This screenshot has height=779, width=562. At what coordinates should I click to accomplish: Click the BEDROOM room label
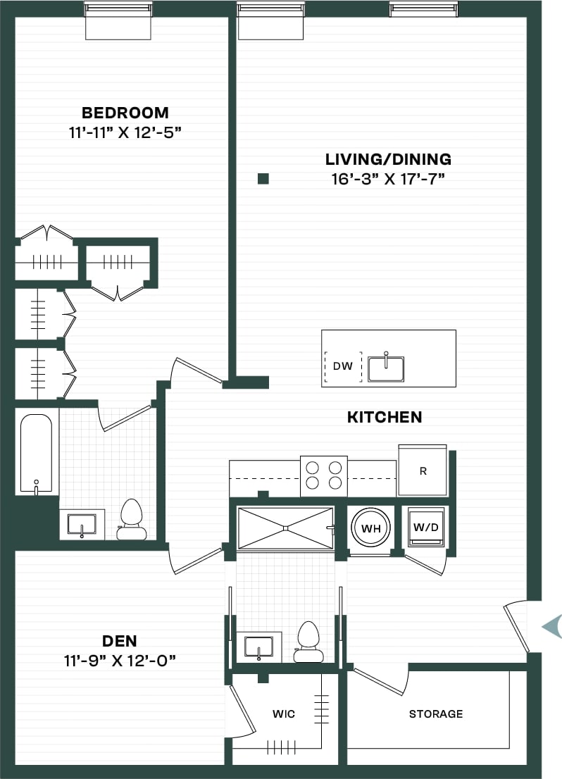pos(125,113)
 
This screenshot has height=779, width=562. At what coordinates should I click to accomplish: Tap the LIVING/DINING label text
pos(388,159)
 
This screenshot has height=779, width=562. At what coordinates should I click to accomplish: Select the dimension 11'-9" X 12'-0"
pos(119,660)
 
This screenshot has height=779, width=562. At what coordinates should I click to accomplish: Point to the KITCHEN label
pos(385,417)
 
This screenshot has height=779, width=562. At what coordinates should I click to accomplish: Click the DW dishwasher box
pos(342,366)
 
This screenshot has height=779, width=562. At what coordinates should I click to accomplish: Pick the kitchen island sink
pos(386,368)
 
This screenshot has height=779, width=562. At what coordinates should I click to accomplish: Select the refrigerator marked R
pos(423,470)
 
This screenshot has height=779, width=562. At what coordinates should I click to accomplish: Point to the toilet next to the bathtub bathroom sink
pos(131,520)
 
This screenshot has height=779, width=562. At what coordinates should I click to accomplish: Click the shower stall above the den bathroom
pos(285,527)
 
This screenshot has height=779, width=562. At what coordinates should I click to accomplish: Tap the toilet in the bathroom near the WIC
pos(308,642)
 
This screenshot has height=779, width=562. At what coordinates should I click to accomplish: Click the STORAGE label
pos(436,714)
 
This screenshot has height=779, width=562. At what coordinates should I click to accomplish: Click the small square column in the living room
pos(263,179)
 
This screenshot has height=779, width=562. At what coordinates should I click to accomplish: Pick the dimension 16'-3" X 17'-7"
pos(388,179)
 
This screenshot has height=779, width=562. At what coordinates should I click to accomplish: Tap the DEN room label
pos(119,641)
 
